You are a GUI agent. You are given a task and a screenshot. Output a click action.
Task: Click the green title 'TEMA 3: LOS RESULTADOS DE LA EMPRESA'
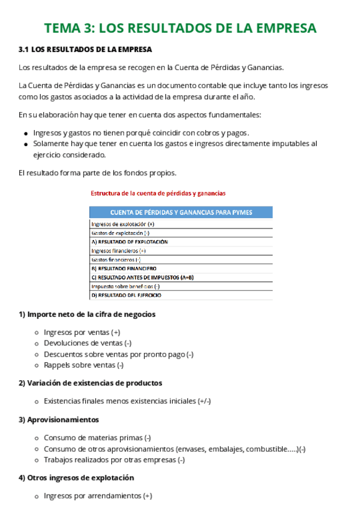pyautogui.click(x=180, y=28)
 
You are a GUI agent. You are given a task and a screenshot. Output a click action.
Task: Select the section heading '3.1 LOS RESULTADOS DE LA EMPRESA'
pyautogui.click(x=85, y=50)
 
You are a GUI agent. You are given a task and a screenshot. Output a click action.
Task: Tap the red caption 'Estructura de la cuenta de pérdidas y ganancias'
pyautogui.click(x=158, y=193)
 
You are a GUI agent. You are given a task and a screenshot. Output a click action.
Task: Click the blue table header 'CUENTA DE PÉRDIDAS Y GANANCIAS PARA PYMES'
pyautogui.click(x=181, y=212)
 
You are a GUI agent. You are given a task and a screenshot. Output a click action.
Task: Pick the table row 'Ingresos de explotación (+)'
pyautogui.click(x=123, y=224)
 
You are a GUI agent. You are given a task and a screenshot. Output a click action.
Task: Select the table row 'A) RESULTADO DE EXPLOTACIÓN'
pyautogui.click(x=130, y=242)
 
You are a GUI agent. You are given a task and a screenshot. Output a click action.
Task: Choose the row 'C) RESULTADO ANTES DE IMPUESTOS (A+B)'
pyautogui.click(x=143, y=278)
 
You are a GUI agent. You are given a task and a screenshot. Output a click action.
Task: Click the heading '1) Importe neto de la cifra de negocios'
pyautogui.click(x=87, y=315)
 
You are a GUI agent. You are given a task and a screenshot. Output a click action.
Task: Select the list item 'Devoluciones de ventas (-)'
pyautogui.click(x=87, y=343)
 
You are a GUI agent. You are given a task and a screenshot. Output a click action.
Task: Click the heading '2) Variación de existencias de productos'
pyautogui.click(x=90, y=383)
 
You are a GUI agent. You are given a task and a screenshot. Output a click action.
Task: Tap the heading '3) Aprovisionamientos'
pyautogui.click(x=59, y=420)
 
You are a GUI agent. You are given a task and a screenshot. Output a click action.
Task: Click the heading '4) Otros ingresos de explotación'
pyautogui.click(x=76, y=478)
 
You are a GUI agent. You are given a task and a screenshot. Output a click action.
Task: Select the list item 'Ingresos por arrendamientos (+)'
pyautogui.click(x=98, y=496)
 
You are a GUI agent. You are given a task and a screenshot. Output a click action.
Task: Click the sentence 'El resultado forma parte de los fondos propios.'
pyautogui.click(x=98, y=173)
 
